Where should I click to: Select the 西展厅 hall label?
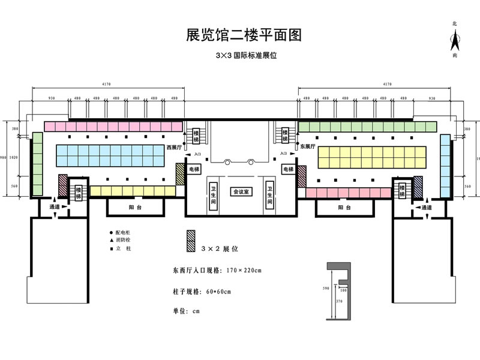click(x=174, y=146)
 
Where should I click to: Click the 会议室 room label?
click(x=242, y=191)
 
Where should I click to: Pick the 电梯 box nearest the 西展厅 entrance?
click(x=194, y=170)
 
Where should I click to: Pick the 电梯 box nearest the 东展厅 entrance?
click(x=288, y=170)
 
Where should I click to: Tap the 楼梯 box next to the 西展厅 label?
click(x=196, y=136)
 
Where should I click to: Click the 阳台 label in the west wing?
click(x=136, y=207)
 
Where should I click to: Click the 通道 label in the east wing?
click(x=427, y=208)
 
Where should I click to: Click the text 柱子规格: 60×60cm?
click(x=202, y=292)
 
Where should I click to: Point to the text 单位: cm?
click(x=185, y=311)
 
